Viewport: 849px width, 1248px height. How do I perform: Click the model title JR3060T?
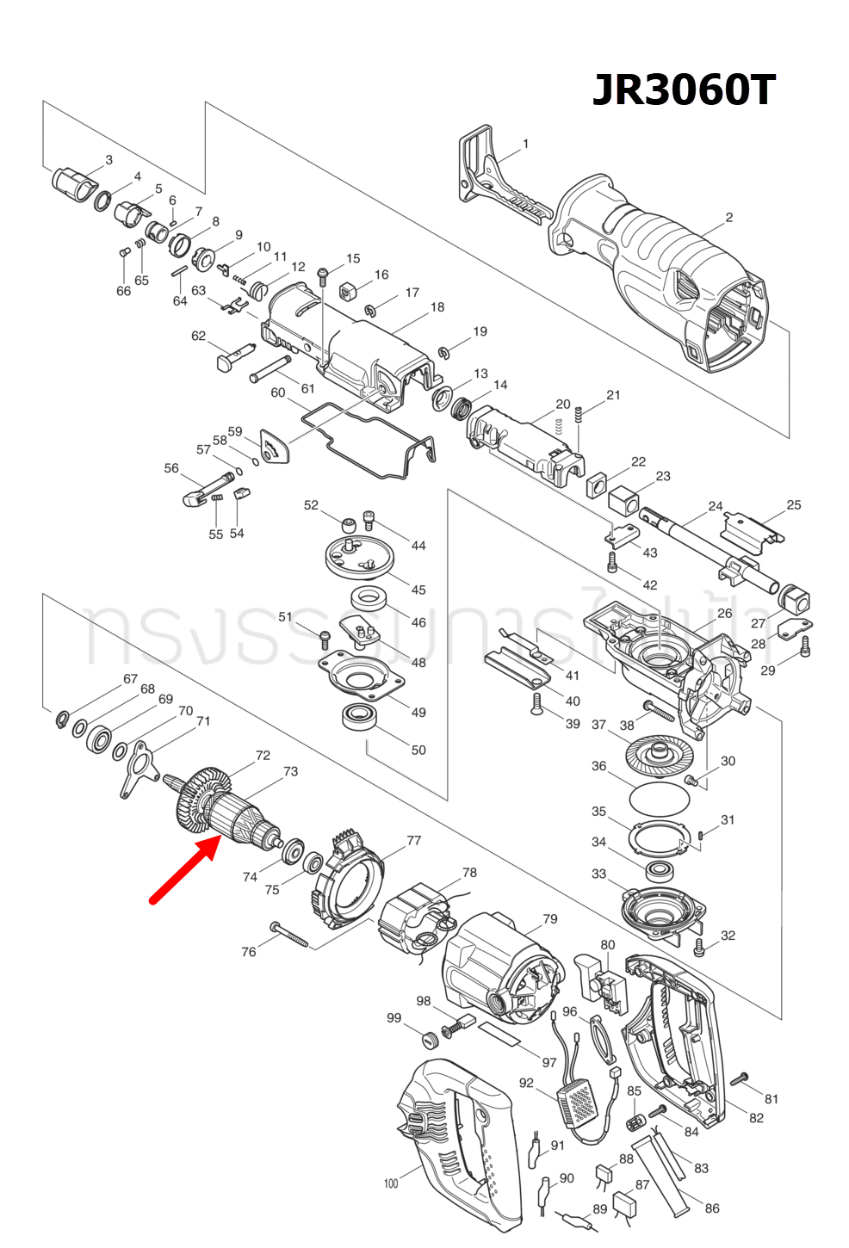click(684, 90)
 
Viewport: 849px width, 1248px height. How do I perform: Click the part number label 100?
click(391, 1183)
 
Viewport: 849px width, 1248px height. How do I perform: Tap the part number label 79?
click(549, 919)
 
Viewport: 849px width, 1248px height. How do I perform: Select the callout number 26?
click(724, 614)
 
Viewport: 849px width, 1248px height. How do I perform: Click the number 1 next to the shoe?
click(525, 145)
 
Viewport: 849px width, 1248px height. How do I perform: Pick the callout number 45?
click(418, 590)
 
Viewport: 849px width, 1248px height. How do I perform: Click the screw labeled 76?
click(288, 934)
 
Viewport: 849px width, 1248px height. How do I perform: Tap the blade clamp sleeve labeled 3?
click(72, 182)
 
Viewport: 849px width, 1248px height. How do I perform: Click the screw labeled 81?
click(740, 1078)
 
